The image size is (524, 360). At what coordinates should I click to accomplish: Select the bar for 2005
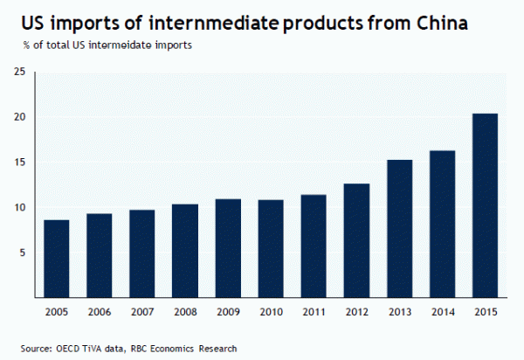pyautogui.click(x=57, y=259)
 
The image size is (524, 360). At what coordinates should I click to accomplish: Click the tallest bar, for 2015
pyautogui.click(x=485, y=206)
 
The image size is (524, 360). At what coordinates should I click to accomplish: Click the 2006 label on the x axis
pyautogui.click(x=100, y=311)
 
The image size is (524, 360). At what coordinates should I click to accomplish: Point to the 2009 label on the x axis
pyautogui.click(x=228, y=311)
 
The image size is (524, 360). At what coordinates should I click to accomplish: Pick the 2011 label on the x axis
pyautogui.click(x=314, y=311)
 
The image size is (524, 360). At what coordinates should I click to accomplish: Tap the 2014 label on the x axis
pyautogui.click(x=442, y=311)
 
